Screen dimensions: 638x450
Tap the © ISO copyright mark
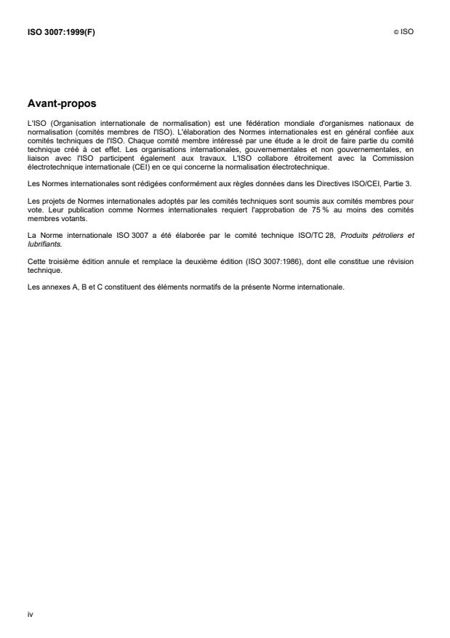tap(405, 32)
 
